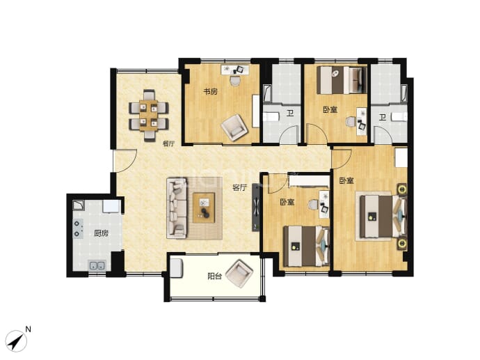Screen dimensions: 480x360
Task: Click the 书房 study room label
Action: pos(211,91)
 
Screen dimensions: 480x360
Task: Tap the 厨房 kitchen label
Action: pos(101,233)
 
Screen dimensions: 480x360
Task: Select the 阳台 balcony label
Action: pos(214,276)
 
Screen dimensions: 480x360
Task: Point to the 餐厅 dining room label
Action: pos(168,143)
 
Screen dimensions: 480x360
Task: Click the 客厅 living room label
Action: pos(239,187)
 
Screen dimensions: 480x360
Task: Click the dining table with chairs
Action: pos(149,116)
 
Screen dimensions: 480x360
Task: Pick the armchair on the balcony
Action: pos(239,274)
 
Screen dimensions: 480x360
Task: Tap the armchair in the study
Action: pos(234,127)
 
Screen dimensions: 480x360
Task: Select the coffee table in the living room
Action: pos(204,208)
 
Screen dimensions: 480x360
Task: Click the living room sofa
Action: pos(177,208)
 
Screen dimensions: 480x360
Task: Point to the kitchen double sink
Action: pos(97,265)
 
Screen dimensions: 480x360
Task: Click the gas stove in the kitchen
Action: pos(78,228)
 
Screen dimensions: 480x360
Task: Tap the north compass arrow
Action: pos(16,341)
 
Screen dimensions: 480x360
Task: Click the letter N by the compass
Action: pos(28,329)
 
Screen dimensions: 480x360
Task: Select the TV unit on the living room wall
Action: pos(255,208)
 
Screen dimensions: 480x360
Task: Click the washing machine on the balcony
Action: pos(177,268)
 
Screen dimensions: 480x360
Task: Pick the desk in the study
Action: pos(235,70)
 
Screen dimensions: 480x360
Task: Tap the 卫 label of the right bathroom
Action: pos(382,117)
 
